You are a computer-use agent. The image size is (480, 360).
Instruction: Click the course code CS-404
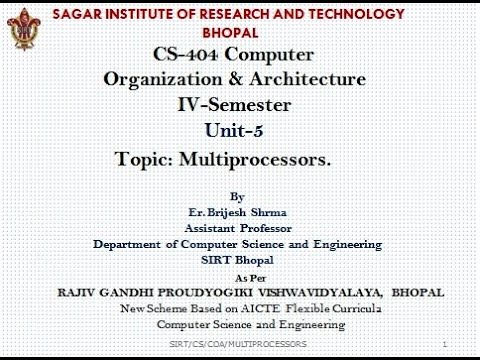pos(188,54)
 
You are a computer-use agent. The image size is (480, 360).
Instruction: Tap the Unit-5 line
pos(237,130)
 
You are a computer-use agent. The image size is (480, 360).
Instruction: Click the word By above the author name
pos(236,196)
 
